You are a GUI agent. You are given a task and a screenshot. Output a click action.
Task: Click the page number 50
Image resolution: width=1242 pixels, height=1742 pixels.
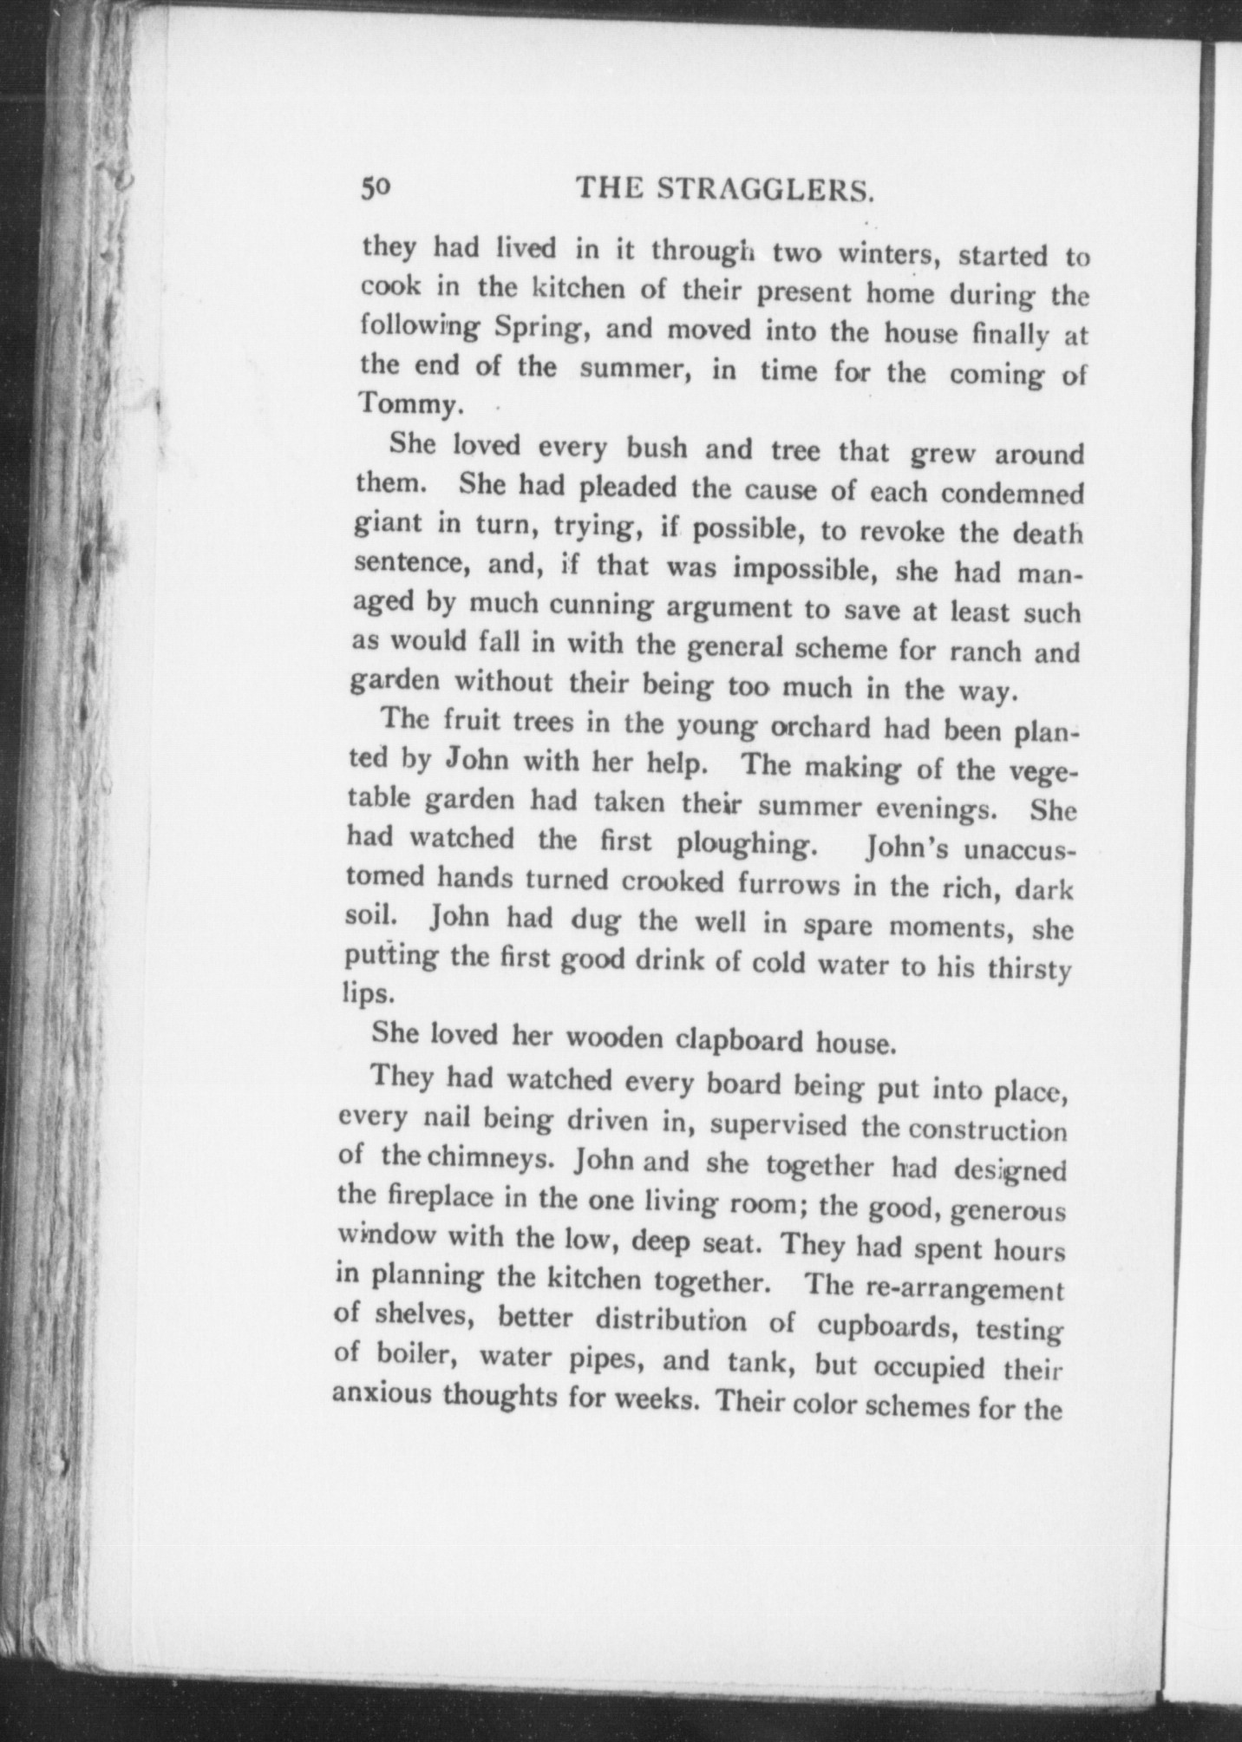tap(378, 188)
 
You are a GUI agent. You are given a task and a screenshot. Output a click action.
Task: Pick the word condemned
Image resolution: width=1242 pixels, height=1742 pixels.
tap(1011, 494)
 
